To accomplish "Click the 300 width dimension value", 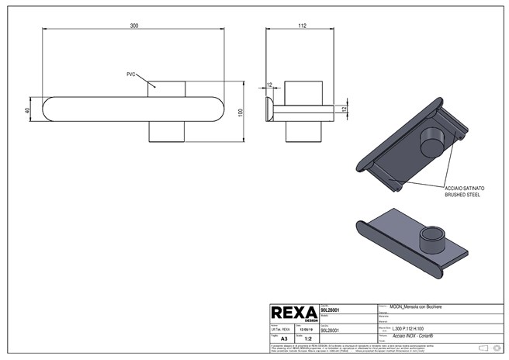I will (133, 26).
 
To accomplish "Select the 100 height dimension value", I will (241, 112).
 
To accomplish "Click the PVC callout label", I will (131, 74).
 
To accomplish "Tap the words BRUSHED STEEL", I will (463, 196).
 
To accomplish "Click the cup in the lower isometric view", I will (428, 238).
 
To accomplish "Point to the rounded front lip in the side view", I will (268, 109).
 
